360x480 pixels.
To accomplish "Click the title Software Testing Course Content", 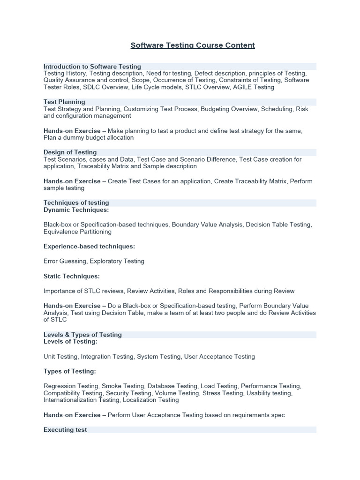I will tap(193, 45).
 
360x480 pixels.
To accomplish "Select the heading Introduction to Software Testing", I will tap(92, 67).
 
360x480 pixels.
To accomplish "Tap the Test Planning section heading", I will tap(64, 102).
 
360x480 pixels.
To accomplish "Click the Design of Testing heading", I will tap(70, 152).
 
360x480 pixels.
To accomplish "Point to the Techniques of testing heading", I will tap(76, 203).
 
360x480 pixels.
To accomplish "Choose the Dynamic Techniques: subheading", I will tap(76, 210).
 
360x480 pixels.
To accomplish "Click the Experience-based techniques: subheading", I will tap(89, 247).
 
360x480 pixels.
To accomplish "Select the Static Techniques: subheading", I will tap(72, 277).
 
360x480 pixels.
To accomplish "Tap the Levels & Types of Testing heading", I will tap(82, 335).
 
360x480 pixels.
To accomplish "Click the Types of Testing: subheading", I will tap(70, 372).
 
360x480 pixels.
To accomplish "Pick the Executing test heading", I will tap(65, 430).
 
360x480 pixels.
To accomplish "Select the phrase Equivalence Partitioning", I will tap(77, 232).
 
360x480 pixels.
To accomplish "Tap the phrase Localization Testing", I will tap(151, 400).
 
